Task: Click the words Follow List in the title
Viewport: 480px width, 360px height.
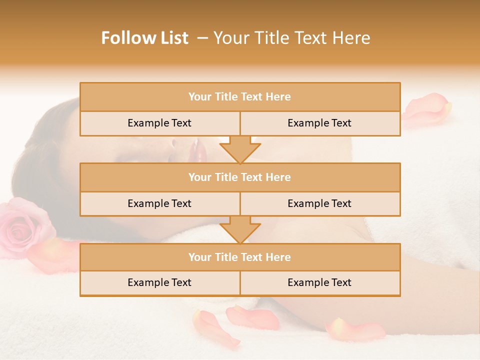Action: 145,38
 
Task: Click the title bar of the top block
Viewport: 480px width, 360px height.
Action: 239,97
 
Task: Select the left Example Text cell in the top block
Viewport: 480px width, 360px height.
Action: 159,123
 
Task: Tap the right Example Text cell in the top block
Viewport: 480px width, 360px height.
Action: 319,123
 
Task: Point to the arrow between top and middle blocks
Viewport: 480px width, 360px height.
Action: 240,149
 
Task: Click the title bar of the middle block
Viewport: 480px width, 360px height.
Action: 239,177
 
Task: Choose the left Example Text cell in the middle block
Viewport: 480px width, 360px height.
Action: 159,203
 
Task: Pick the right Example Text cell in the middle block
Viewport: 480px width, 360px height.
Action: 319,203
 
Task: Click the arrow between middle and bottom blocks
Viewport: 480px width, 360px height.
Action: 240,229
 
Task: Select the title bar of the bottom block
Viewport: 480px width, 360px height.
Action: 239,257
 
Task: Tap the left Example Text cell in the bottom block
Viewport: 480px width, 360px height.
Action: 159,282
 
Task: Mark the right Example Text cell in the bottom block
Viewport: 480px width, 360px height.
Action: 319,282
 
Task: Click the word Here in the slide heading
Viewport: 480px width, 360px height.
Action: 352,38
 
